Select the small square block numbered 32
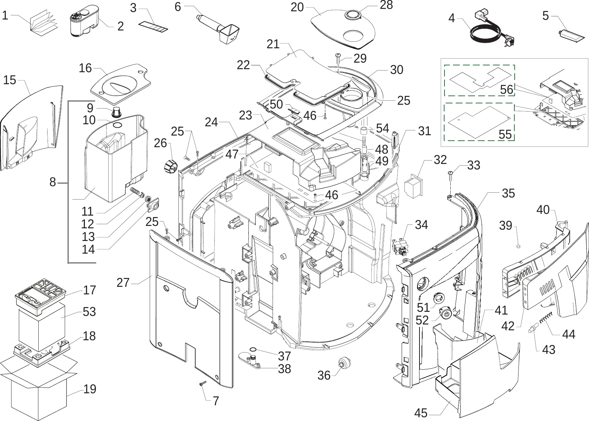point(413,186)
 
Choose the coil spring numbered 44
point(547,318)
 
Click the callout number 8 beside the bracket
point(52,182)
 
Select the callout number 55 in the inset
point(505,135)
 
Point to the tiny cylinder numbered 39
point(518,245)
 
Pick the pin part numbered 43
point(533,328)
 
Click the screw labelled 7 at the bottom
point(202,384)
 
